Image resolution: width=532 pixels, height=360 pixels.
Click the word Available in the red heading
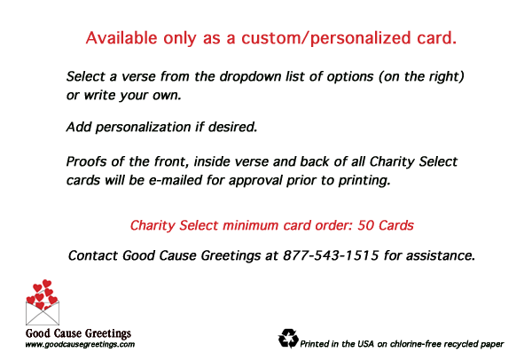pyautogui.click(x=121, y=37)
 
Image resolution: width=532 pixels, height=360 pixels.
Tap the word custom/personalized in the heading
pyautogui.click(x=326, y=38)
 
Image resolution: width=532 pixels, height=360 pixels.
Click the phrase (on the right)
pyautogui.click(x=421, y=76)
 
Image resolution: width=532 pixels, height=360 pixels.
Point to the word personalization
pyautogui.click(x=143, y=127)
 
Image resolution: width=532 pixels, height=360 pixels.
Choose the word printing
pyautogui.click(x=364, y=181)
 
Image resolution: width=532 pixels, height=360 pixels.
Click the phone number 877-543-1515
pyautogui.click(x=331, y=255)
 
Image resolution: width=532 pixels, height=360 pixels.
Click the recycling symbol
pyautogui.click(x=288, y=339)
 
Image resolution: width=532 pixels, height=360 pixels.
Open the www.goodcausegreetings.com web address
pyautogui.click(x=80, y=344)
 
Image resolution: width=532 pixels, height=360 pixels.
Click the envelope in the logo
pyautogui.click(x=43, y=312)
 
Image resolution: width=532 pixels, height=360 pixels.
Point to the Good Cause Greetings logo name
pyautogui.click(x=78, y=333)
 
